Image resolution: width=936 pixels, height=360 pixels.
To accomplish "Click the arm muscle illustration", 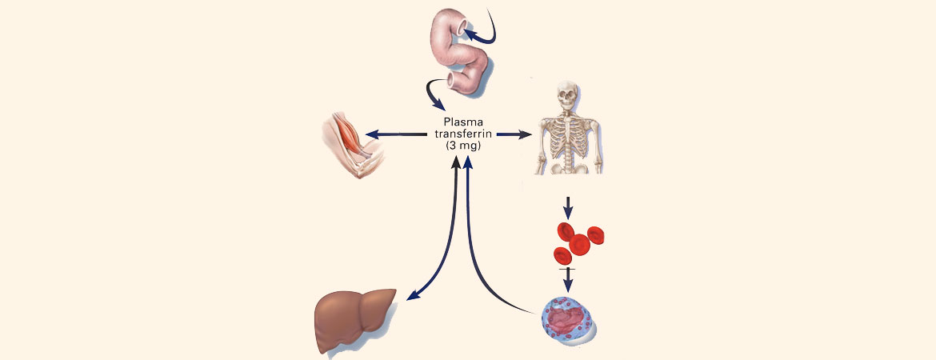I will pyautogui.click(x=352, y=142).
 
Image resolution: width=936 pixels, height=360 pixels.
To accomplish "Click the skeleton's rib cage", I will pyautogui.click(x=569, y=133).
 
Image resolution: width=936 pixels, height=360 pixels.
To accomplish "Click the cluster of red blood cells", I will pyautogui.click(x=578, y=242).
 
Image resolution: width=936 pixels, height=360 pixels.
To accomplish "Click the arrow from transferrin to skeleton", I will pyautogui.click(x=512, y=134).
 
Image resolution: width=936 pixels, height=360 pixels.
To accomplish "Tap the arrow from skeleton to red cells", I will pyautogui.click(x=568, y=207).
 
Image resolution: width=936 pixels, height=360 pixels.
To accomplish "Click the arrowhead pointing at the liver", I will pyautogui.click(x=411, y=297).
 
